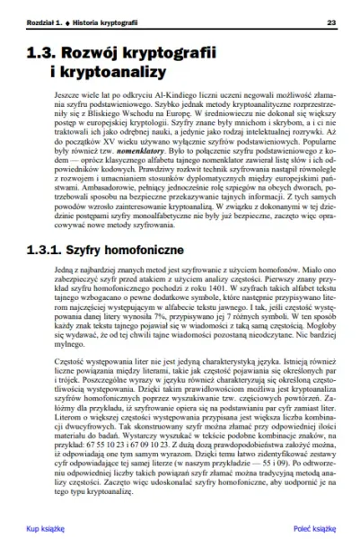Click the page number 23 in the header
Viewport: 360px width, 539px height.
(x=331, y=22)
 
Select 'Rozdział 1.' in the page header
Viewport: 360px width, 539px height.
(x=43, y=22)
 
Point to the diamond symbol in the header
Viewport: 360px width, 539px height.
(x=68, y=22)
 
